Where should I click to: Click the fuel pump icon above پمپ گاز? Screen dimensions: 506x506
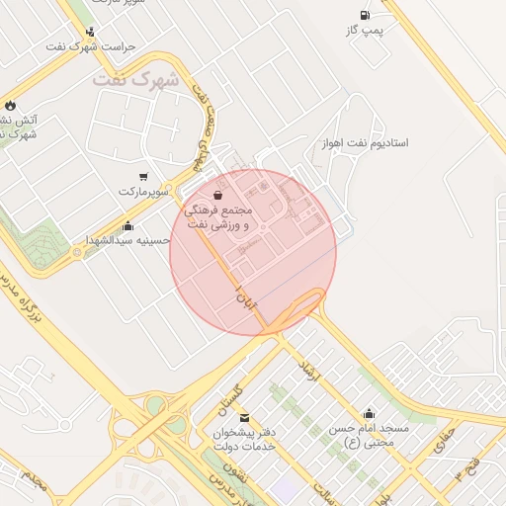(x=366, y=15)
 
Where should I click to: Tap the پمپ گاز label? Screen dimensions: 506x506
(x=364, y=32)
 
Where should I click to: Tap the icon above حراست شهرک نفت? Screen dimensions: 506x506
(x=91, y=32)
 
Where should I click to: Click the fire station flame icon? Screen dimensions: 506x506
(x=10, y=105)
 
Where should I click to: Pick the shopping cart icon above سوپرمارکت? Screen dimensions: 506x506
(x=143, y=176)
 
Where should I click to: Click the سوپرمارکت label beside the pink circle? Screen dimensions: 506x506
(x=139, y=191)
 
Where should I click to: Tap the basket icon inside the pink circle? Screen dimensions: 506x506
(x=217, y=196)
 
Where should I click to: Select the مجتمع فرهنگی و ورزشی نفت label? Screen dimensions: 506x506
(x=218, y=218)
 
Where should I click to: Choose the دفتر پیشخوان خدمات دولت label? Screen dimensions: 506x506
(x=244, y=440)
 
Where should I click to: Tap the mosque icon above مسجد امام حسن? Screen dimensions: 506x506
(x=369, y=414)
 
